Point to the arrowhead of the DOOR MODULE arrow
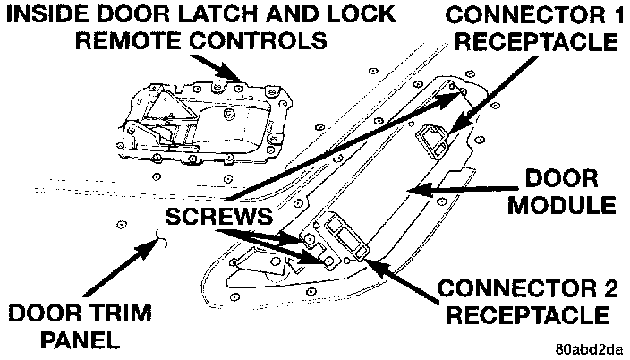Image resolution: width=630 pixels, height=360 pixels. tap(411, 188)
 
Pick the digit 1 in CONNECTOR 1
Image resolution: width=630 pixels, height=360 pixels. tap(612, 15)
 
